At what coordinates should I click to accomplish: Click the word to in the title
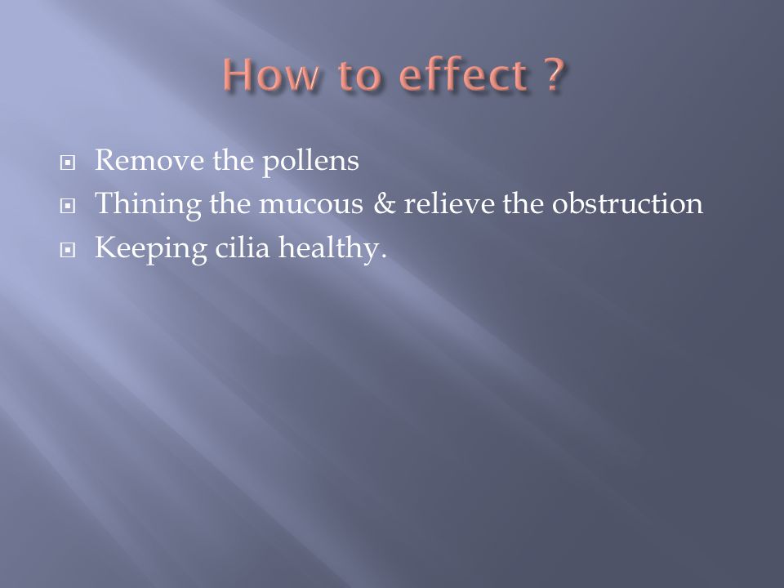click(359, 75)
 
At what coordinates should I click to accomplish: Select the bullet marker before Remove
click(68, 163)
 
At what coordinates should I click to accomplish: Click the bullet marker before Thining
click(68, 206)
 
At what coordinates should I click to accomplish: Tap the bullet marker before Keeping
click(68, 250)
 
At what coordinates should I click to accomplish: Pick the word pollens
click(310, 161)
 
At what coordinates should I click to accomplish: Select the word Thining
click(148, 204)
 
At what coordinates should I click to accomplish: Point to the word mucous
click(311, 205)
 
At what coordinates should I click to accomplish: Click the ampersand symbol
click(384, 204)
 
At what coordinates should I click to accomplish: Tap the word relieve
click(449, 203)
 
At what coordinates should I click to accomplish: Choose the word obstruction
click(627, 203)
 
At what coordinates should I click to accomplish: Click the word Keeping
click(151, 248)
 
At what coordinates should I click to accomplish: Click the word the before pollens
click(234, 160)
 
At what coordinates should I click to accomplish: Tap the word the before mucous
click(230, 203)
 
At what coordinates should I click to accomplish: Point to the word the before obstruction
click(523, 203)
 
